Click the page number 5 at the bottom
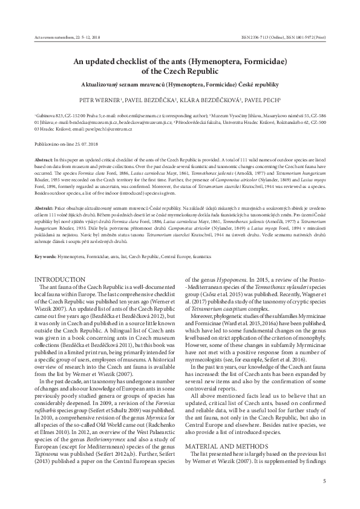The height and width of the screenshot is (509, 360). coord(324,481)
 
